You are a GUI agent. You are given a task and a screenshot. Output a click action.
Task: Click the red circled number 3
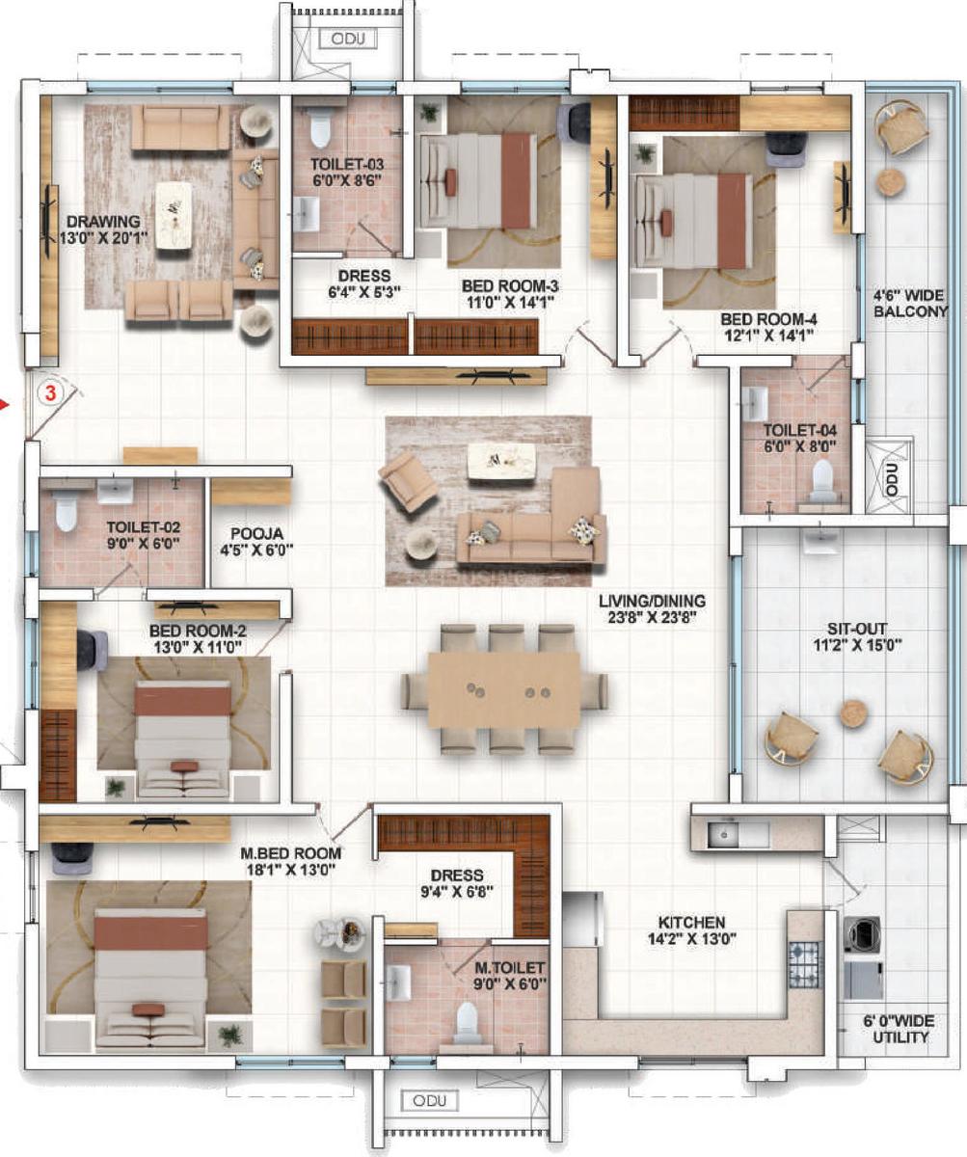50,393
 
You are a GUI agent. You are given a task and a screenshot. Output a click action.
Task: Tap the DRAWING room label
103,221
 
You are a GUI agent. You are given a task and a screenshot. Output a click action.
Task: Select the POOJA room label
256,534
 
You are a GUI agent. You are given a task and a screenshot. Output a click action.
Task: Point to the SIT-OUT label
857,629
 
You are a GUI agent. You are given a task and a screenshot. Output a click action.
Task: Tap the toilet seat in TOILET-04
822,478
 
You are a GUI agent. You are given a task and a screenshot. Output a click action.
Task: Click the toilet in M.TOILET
466,1019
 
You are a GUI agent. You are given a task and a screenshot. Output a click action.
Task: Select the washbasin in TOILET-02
116,492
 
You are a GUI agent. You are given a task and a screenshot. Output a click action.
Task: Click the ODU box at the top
348,39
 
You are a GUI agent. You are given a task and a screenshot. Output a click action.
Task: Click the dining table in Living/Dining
503,690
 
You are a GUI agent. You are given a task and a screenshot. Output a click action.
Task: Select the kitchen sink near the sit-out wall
723,834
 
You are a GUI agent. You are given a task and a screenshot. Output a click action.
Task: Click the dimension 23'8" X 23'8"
653,617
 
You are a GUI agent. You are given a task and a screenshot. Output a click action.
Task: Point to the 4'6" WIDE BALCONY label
910,303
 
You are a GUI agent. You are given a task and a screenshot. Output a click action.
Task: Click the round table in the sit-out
853,713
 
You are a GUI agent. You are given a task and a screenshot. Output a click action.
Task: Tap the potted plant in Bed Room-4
644,153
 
